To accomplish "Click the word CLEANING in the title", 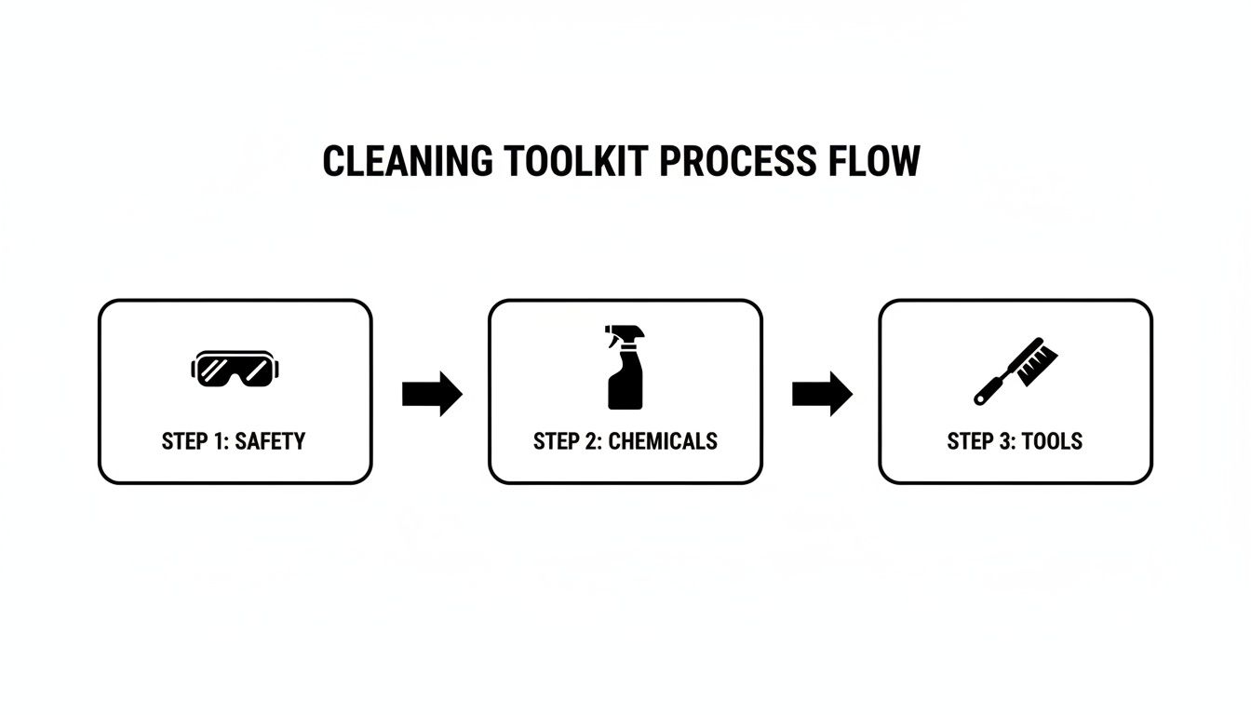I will pyautogui.click(x=407, y=162).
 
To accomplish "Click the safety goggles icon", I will pyautogui.click(x=234, y=369).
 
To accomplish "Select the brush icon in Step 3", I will pyautogui.click(x=1016, y=371).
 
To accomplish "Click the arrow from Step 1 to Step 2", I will pyautogui.click(x=432, y=394).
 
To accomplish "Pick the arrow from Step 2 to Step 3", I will pyautogui.click(x=822, y=394).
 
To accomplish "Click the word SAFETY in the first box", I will pyautogui.click(x=270, y=441).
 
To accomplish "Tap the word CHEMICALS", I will pyautogui.click(x=663, y=441).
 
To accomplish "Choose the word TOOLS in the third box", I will pyautogui.click(x=1052, y=441).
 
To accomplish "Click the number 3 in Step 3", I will pyautogui.click(x=1003, y=441).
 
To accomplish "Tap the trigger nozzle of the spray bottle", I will pyautogui.click(x=618, y=335).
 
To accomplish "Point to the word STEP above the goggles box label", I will pyautogui.click(x=183, y=441).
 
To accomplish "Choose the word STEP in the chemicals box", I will pyautogui.click(x=556, y=441).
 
